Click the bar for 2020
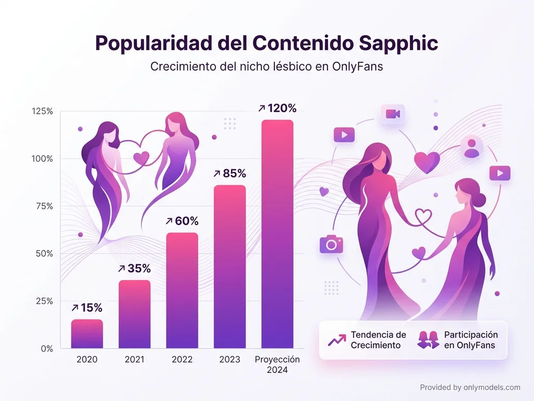pyautogui.click(x=87, y=334)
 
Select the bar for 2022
pyautogui.click(x=182, y=290)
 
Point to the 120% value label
pyautogui.click(x=282, y=109)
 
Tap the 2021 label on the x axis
pyautogui.click(x=135, y=360)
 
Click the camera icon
pyautogui.click(x=331, y=243)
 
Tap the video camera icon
pyautogui.click(x=393, y=114)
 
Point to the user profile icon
pyautogui.click(x=472, y=147)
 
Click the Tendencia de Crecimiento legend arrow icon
pyautogui.click(x=337, y=340)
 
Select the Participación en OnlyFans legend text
pyautogui.click(x=470, y=340)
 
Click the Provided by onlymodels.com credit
pyautogui.click(x=470, y=387)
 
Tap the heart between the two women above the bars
pyautogui.click(x=141, y=157)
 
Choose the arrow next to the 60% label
pyautogui.click(x=168, y=221)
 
